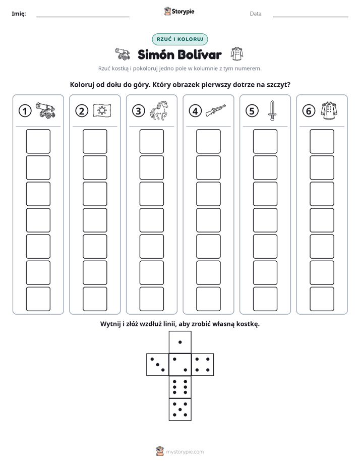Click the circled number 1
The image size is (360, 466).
25,111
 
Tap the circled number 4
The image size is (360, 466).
195,111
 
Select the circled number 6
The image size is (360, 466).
309,111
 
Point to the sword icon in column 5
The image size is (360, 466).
272,110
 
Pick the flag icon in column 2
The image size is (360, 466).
102,110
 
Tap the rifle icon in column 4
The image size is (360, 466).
215,110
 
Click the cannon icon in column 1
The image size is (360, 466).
45,110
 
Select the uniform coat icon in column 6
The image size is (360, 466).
329,110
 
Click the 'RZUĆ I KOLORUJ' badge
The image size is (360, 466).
180,39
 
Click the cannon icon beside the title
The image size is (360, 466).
123,54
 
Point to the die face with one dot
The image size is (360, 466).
180,342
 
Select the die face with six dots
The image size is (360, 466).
180,387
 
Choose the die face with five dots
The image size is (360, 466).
180,410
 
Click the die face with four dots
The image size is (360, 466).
203,365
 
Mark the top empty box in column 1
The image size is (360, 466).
38,141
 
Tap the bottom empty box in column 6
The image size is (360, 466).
322,299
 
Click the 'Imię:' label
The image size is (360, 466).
19,14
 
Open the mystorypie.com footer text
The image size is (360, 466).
185,452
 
